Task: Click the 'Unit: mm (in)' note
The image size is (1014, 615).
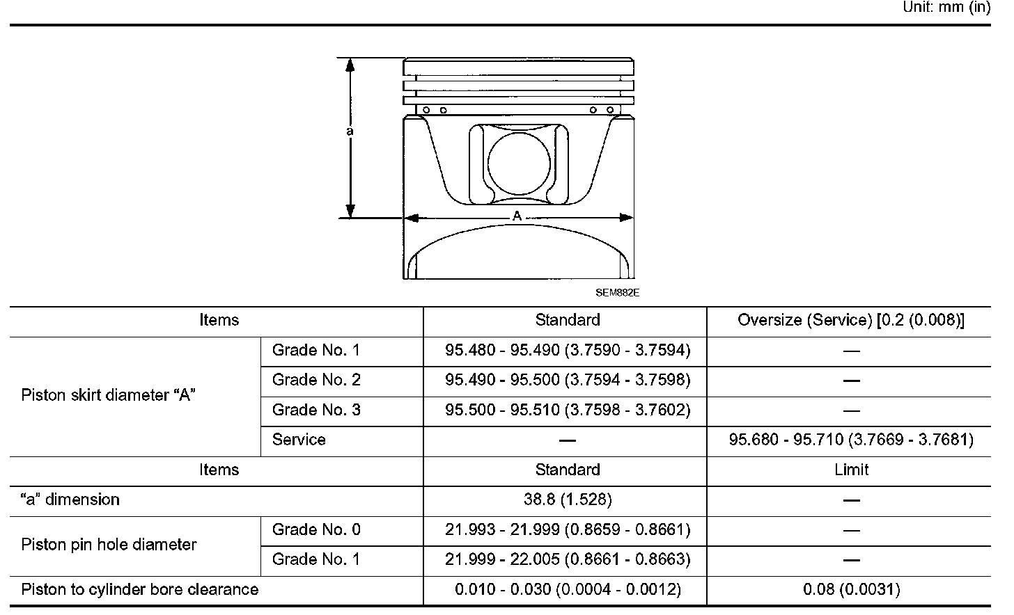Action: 947,7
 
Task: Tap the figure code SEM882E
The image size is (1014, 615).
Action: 618,293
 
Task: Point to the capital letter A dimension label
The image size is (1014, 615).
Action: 517,216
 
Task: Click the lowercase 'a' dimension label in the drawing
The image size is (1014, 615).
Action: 350,131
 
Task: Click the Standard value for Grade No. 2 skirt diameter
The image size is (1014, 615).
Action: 568,380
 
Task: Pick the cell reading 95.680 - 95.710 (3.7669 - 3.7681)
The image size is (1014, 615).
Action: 851,440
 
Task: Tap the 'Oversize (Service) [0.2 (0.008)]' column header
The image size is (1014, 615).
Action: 851,320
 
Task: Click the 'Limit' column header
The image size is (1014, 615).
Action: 851,470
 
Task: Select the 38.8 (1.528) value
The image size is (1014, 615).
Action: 568,500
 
